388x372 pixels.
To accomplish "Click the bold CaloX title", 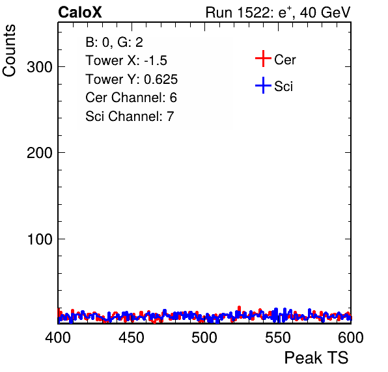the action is coord(80,12).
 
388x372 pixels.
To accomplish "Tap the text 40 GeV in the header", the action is coord(325,12).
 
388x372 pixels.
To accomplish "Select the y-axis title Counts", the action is coord(9,51).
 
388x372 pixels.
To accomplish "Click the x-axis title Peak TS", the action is coord(316,358).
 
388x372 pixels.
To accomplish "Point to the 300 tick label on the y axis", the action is coord(40,67).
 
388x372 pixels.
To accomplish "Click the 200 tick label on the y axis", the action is coord(40,153).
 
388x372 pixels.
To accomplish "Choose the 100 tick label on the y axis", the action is coord(40,239).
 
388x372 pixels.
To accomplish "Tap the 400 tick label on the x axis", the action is coord(58,338).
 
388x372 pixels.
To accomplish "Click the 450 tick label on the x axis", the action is coord(131,338).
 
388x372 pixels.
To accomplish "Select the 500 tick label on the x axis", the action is coord(204,338).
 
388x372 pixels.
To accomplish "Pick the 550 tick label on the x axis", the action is coord(277,338).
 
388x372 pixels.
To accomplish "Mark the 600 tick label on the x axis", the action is coord(351,338).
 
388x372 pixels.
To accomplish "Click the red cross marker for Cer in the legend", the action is coord(263,59).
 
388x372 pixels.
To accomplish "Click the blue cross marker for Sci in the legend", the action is coord(263,86).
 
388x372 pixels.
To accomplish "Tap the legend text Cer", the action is coord(284,60).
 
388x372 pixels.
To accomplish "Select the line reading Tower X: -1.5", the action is coord(126,60).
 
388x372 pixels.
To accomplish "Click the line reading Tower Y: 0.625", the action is coord(132,79).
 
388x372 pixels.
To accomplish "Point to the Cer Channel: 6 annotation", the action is coord(131,98).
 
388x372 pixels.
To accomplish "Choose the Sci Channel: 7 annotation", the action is coord(130,116).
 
